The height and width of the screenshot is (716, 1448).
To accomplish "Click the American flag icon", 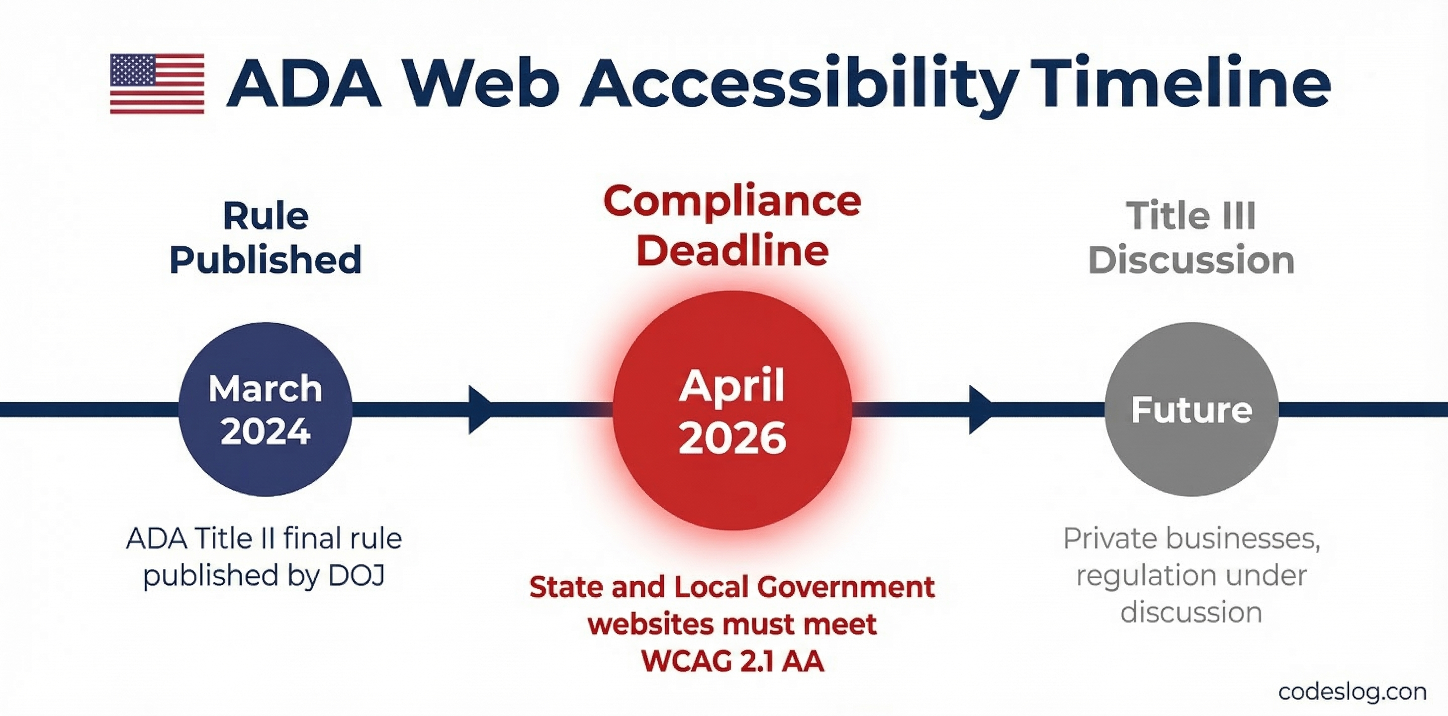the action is point(157,84).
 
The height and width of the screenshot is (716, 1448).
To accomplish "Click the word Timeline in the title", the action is point(1180,83).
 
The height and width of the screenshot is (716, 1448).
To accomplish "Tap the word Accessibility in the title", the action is point(799,86).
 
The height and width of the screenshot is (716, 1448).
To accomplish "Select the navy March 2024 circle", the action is point(266,409).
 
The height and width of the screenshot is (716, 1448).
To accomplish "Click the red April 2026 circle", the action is point(732,410).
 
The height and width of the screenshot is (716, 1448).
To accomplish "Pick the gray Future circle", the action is point(1192,409).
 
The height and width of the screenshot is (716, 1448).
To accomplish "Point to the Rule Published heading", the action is point(266,238).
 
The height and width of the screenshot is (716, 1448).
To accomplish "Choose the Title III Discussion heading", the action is point(1192,238).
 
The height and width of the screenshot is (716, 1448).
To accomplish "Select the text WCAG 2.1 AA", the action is point(732,661).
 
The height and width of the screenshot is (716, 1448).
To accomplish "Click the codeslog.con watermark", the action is point(1353,692).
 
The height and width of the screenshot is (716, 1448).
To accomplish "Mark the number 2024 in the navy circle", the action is point(266,432).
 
